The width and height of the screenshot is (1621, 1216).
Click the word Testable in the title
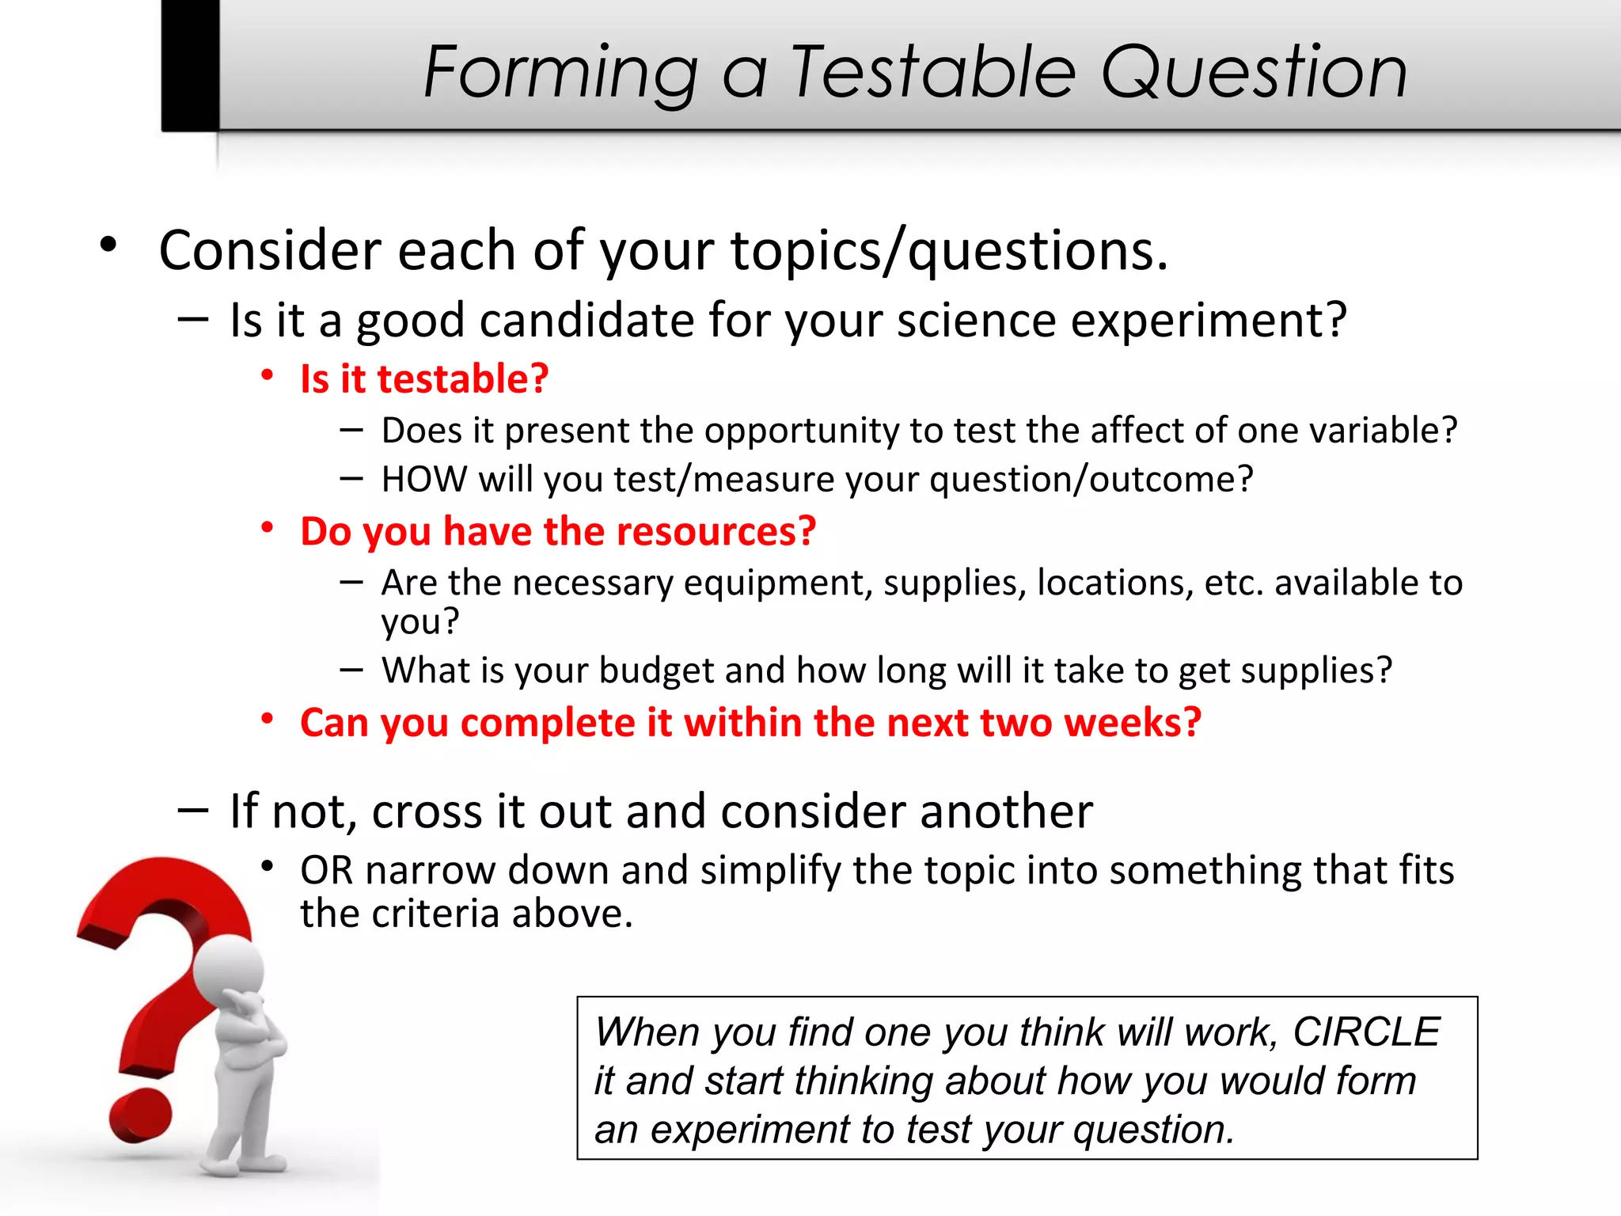934,73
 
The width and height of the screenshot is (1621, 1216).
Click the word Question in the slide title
1255,73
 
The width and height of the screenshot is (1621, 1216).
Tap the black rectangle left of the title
190,65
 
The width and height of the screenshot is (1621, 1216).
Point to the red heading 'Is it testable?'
424,378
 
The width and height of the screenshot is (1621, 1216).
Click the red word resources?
716,531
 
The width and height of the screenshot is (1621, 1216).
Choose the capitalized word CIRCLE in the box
1365,1032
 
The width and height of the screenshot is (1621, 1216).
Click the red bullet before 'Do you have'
268,527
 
